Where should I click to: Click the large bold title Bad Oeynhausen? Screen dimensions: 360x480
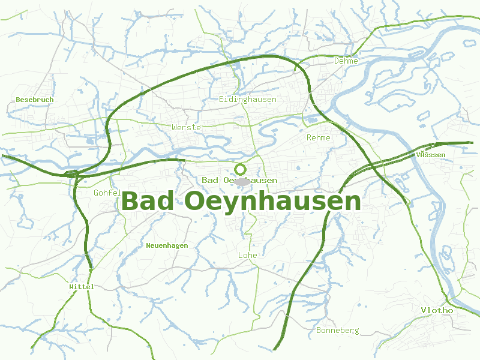point(241,202)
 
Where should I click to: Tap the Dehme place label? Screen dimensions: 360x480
point(346,61)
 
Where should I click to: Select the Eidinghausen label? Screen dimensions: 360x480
point(247,99)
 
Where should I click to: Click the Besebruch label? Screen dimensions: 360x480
point(35,100)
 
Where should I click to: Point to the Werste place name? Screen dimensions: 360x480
point(186,128)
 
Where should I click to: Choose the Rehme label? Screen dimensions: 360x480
point(318,137)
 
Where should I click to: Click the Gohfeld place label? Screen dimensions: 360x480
point(107,193)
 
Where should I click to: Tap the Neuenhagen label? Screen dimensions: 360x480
point(167,245)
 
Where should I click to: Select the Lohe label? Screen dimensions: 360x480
point(247,255)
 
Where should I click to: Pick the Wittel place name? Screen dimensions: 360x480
point(82,287)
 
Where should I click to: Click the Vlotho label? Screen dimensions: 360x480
point(437,310)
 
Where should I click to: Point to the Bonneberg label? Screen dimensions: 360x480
point(337,330)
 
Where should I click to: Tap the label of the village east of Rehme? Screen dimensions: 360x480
point(430,155)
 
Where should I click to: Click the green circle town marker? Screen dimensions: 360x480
point(241,169)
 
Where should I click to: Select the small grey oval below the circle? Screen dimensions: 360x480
point(242,181)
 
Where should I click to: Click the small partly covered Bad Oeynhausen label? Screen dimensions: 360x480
point(239,180)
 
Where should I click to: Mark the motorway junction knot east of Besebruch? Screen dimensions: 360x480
point(72,174)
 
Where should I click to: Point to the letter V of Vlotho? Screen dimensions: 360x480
point(424,310)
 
